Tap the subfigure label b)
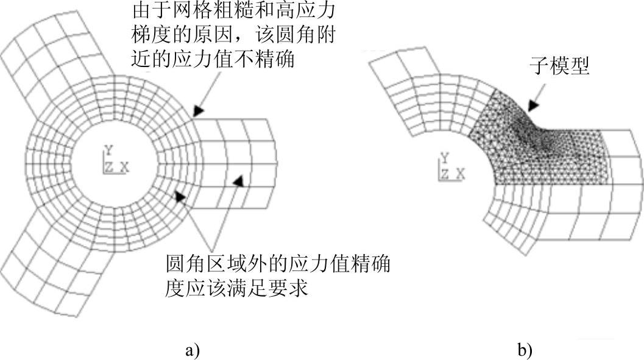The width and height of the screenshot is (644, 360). point(525,350)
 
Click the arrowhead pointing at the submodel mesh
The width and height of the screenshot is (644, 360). point(534,105)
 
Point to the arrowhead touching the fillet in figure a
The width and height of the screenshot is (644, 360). point(197,111)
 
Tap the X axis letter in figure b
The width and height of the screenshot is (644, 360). point(461,175)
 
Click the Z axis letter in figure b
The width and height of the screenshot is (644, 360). point(446,175)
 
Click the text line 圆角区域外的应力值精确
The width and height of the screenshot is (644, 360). point(277,265)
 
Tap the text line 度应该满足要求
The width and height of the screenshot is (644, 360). point(238,288)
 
